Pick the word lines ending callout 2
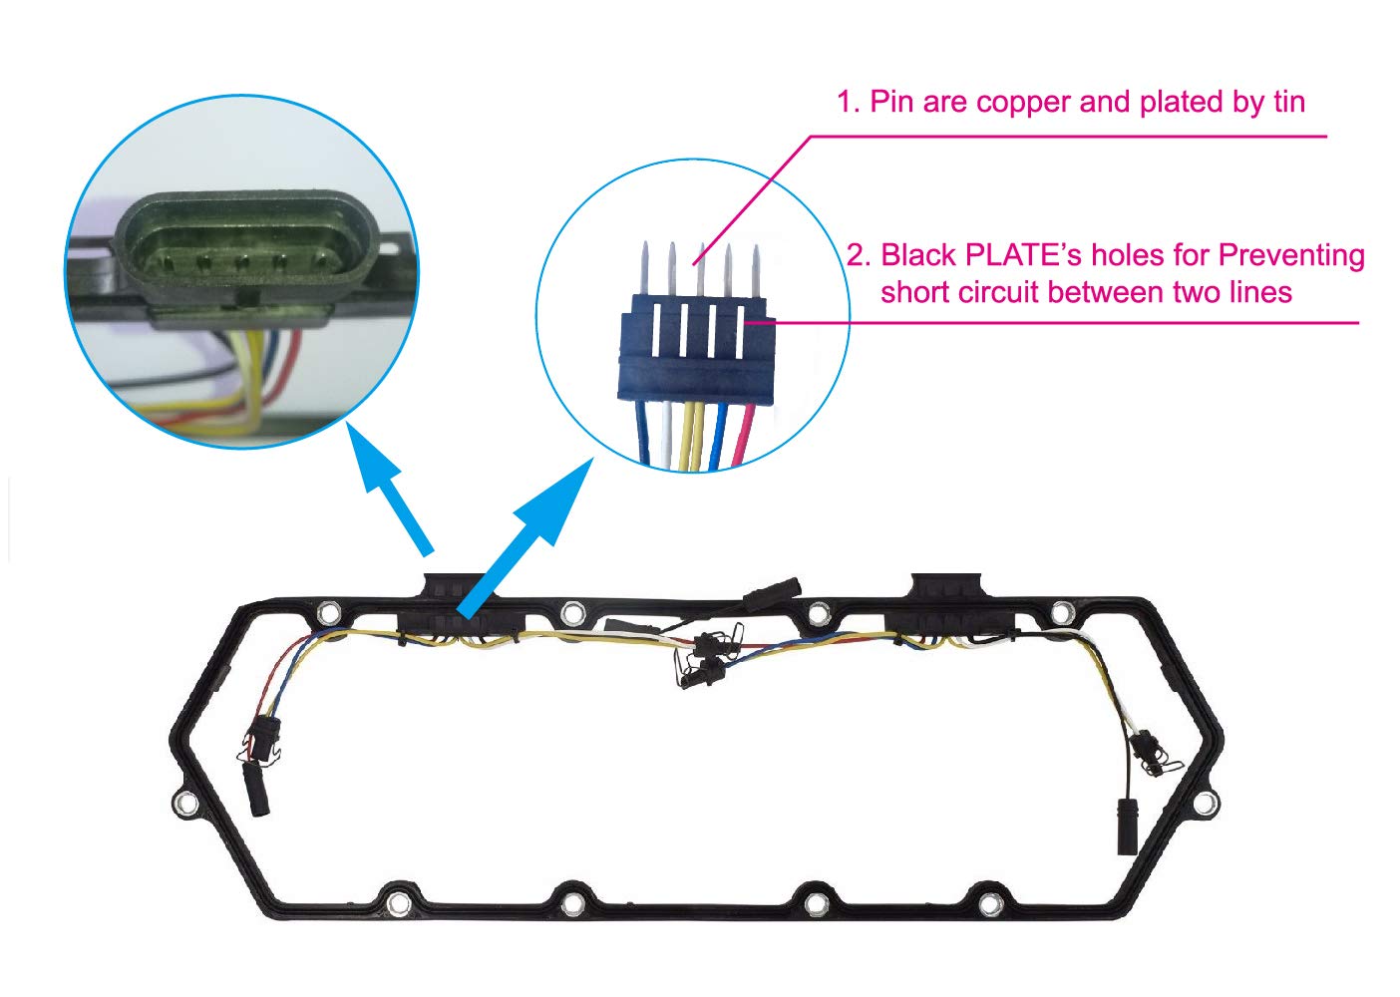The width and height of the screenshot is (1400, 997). pyautogui.click(x=1257, y=292)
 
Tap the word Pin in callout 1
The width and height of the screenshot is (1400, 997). pyautogui.click(x=892, y=102)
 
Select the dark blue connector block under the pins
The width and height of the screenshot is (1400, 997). pyautogui.click(x=695, y=354)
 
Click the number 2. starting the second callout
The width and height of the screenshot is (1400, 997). pyautogui.click(x=859, y=256)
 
